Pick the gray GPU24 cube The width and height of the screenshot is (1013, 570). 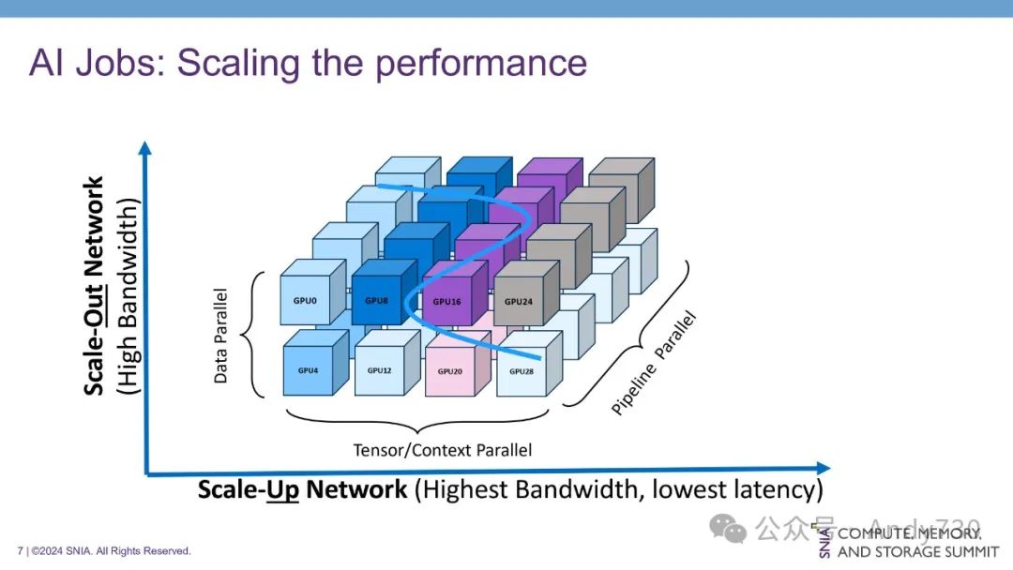click(519, 302)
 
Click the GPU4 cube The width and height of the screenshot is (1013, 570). click(308, 370)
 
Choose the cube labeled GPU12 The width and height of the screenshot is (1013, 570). click(379, 370)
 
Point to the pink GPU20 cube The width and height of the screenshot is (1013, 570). click(450, 371)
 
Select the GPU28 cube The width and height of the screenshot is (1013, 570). click(522, 371)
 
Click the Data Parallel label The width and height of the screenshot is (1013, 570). click(221, 336)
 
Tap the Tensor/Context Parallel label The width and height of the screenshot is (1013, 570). click(443, 450)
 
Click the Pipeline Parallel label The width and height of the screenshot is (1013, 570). click(655, 365)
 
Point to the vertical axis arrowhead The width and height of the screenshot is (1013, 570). click(144, 148)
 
